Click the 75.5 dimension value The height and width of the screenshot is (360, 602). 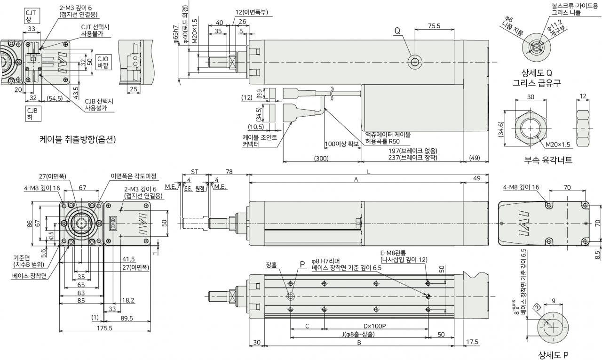tap(434, 26)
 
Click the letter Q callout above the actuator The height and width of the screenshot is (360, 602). tap(397, 31)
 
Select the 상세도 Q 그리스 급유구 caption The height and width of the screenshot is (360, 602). tap(537, 78)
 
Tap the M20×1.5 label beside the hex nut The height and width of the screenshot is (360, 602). tap(558, 144)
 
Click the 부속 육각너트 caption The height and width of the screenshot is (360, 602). tap(548, 160)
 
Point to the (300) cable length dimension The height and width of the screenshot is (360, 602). tap(321, 159)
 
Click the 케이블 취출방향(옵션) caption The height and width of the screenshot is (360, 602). tap(78, 139)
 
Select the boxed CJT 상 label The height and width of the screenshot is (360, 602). tap(31, 16)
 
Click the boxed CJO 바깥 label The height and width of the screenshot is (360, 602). tap(103, 63)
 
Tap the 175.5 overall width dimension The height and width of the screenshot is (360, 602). tap(104, 328)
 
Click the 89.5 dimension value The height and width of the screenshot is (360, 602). tap(127, 318)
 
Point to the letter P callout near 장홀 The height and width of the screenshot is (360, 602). tap(302, 264)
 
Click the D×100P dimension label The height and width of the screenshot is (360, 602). tap(375, 326)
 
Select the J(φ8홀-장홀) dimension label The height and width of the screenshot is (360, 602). tap(358, 334)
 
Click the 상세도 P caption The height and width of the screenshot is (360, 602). tap(554, 355)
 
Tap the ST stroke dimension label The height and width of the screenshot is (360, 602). tap(195, 172)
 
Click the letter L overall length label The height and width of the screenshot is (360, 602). tap(369, 172)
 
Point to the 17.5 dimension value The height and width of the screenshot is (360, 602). tap(472, 342)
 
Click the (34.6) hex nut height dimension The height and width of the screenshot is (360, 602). tap(501, 129)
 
